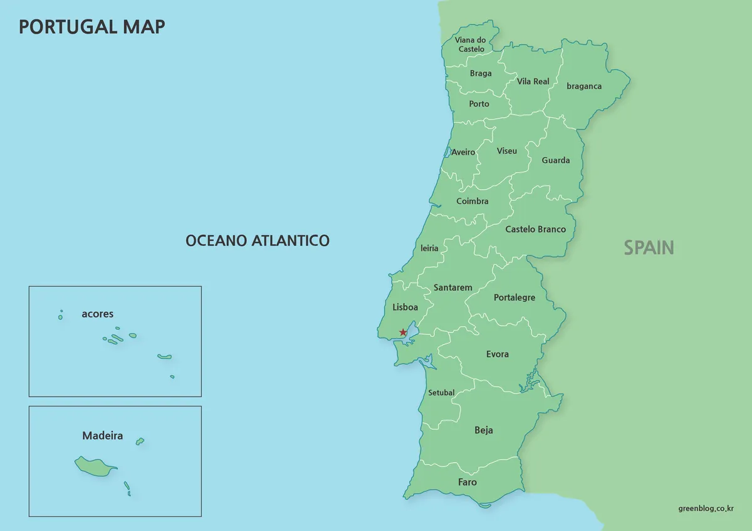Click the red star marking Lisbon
(x=403, y=333)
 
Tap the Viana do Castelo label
(x=471, y=44)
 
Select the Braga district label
(x=481, y=73)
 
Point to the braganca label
(x=584, y=86)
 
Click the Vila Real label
(x=533, y=81)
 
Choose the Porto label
(x=479, y=104)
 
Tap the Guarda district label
(x=556, y=160)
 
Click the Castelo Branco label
(x=535, y=229)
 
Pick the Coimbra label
(x=472, y=201)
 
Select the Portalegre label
(x=514, y=297)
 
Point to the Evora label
(x=497, y=354)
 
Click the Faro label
(x=467, y=482)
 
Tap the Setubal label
(x=441, y=393)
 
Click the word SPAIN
(x=649, y=248)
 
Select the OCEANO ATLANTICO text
(x=257, y=240)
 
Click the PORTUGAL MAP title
(x=92, y=26)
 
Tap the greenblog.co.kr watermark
(x=706, y=508)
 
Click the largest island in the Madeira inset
(x=95, y=466)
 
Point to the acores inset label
(x=97, y=314)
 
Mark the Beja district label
(x=483, y=430)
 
